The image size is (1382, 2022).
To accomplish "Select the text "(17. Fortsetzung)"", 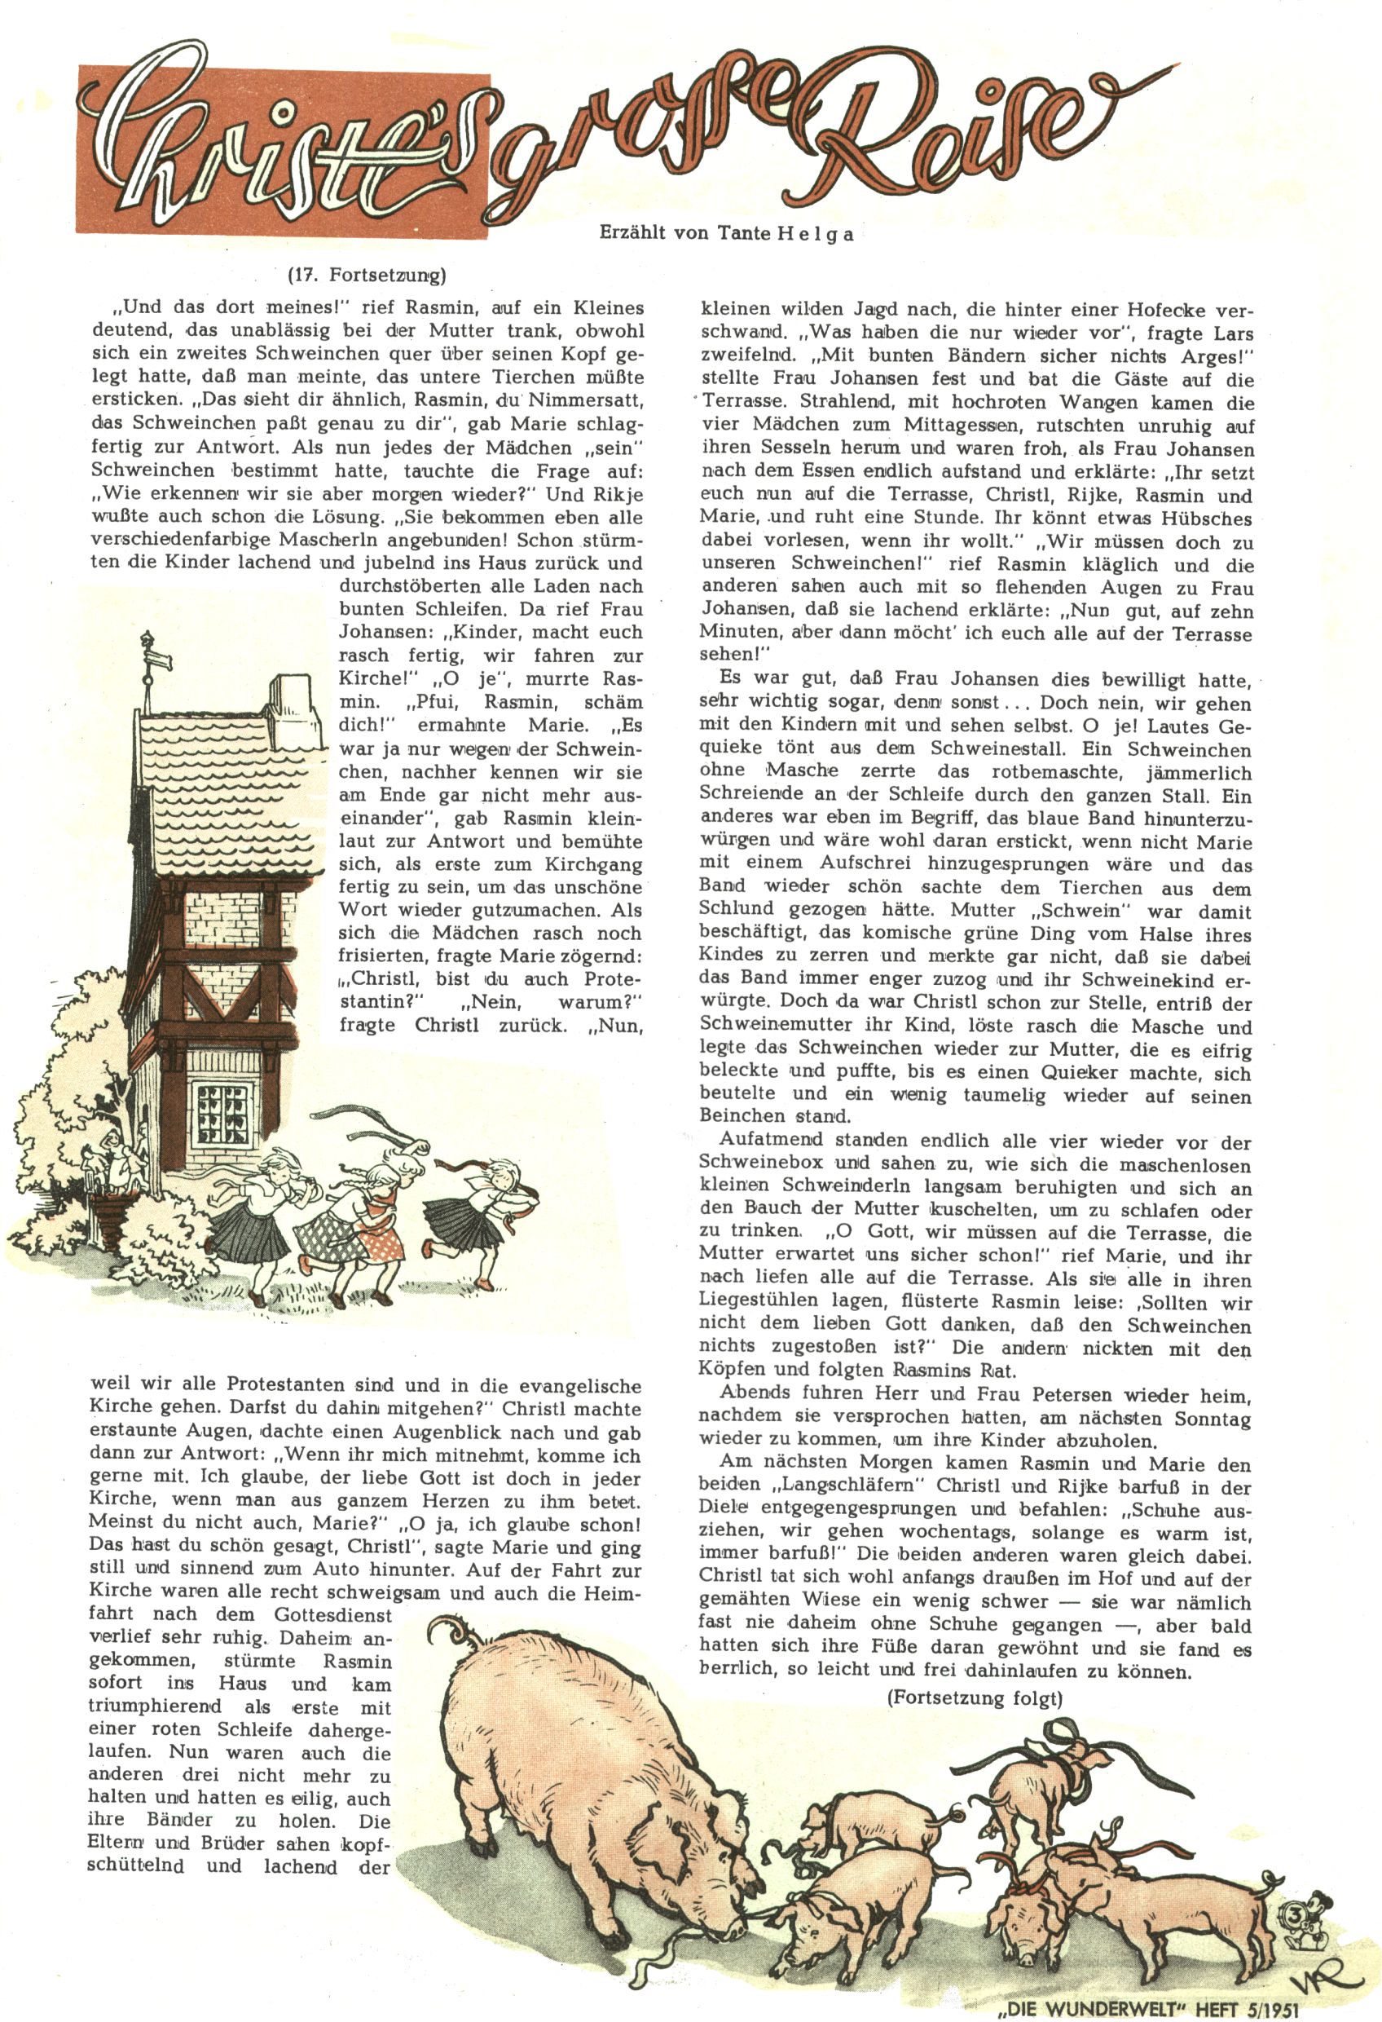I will click(366, 276).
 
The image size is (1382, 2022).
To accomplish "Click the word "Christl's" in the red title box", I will click(287, 143).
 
